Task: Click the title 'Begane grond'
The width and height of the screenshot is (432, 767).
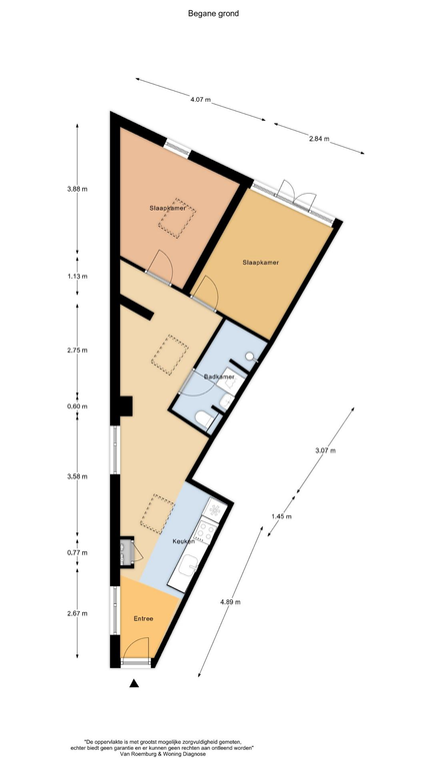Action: pos(213,14)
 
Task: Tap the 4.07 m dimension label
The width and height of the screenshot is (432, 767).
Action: pos(201,100)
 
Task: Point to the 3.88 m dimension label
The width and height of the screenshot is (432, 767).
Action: pos(77,189)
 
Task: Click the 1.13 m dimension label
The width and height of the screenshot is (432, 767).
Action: pos(77,276)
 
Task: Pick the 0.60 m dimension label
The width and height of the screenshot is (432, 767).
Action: pos(77,406)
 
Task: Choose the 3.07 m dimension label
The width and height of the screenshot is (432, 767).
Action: pos(326,450)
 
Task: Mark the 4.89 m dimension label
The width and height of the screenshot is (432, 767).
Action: pos(231,602)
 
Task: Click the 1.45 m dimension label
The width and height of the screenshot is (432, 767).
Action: pos(282,516)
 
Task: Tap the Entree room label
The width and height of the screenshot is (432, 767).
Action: pos(144,619)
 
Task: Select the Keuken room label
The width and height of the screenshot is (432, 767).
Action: pos(184,541)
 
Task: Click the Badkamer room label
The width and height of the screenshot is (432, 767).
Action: pos(218,377)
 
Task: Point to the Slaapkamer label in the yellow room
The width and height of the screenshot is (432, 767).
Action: pos(261,263)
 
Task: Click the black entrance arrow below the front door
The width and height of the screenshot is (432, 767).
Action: pos(134,683)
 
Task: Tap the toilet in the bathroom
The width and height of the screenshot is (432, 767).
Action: pos(204,418)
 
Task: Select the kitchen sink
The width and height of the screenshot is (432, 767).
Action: pos(188,567)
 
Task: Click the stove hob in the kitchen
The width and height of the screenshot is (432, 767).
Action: pos(206,529)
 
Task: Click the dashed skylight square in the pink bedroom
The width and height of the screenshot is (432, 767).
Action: pos(177,218)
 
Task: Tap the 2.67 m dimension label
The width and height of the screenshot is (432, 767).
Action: pos(77,613)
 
